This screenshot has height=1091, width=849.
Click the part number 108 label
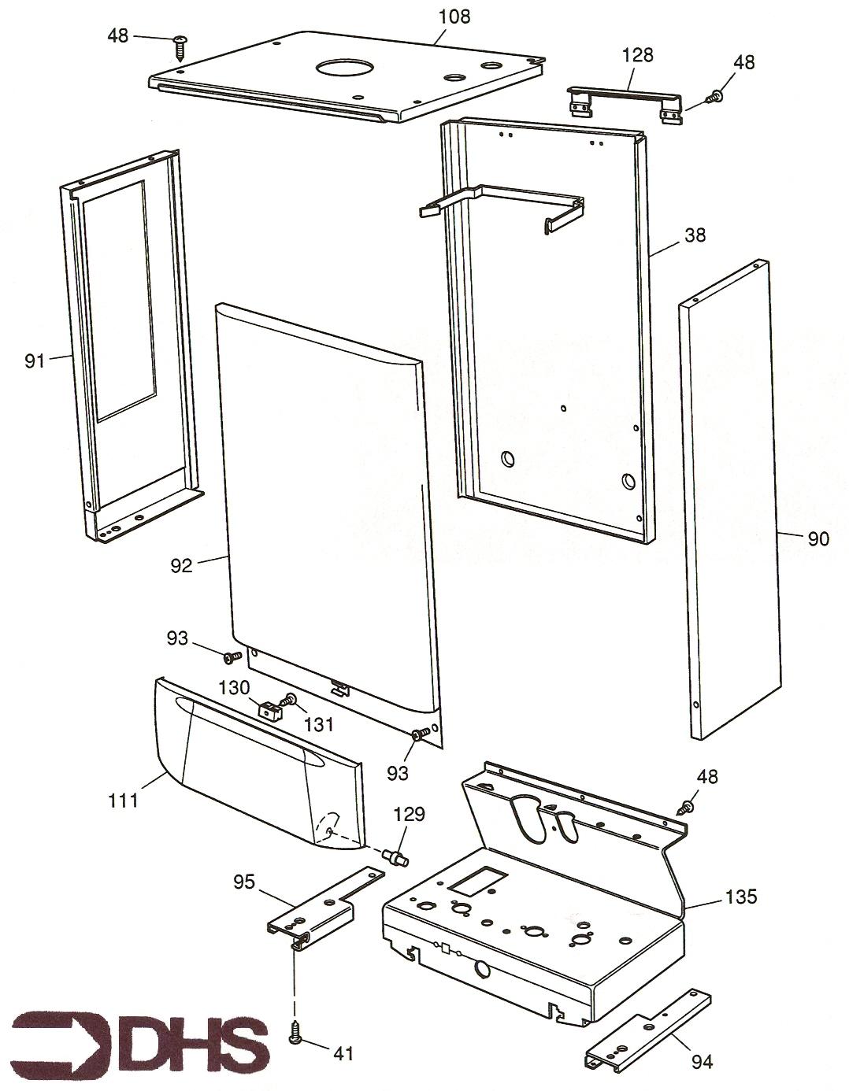pos(454,15)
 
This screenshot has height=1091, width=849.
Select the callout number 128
pos(637,55)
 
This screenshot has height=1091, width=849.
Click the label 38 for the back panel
pos(695,235)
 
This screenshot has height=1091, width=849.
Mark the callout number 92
pos(181,565)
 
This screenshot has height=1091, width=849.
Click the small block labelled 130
pos(270,710)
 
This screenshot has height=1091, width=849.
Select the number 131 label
pos(319,724)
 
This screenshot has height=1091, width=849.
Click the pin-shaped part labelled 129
pos(394,856)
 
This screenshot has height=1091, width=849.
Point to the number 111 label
pos(124,801)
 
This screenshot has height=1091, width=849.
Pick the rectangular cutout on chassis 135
pos(476,881)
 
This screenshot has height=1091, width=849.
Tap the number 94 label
pos(702,1063)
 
